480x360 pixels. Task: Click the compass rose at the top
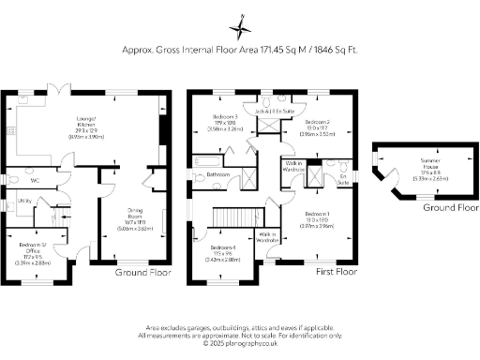tap(240, 20)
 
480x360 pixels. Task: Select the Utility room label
tap(25, 201)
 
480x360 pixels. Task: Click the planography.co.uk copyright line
tap(240, 342)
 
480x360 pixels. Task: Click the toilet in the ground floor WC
tap(7, 180)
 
